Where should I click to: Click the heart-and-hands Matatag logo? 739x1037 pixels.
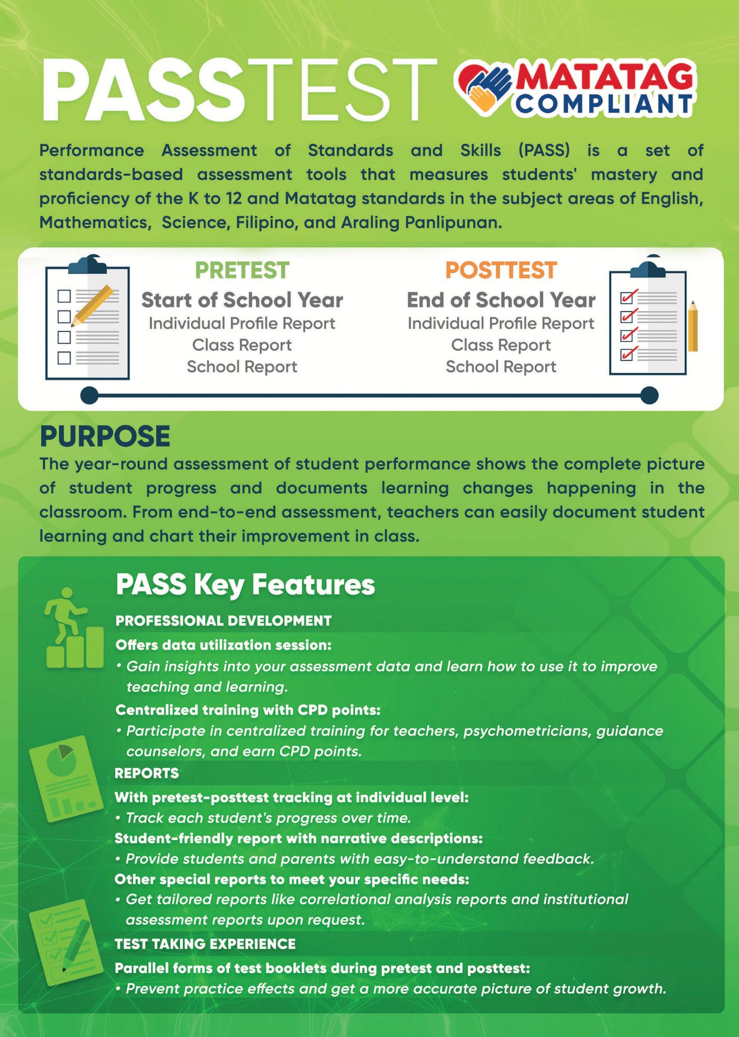(x=485, y=88)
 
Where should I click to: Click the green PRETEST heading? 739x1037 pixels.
(x=242, y=270)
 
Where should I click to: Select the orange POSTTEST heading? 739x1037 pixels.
(x=501, y=270)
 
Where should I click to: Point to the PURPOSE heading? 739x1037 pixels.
(x=105, y=436)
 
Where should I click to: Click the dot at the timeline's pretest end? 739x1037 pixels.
(x=89, y=395)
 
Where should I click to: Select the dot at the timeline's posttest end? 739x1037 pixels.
(x=649, y=395)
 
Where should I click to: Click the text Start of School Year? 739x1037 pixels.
(x=242, y=300)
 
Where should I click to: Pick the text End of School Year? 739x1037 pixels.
(x=501, y=300)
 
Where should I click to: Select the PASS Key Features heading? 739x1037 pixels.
(x=245, y=584)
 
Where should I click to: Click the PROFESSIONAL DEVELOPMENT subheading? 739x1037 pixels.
(x=223, y=621)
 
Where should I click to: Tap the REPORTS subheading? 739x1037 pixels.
(x=147, y=773)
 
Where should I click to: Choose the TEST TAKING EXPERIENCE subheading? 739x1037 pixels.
(x=205, y=944)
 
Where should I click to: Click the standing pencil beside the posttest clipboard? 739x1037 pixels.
(x=693, y=327)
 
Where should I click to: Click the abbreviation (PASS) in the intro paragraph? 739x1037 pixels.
(x=544, y=150)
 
